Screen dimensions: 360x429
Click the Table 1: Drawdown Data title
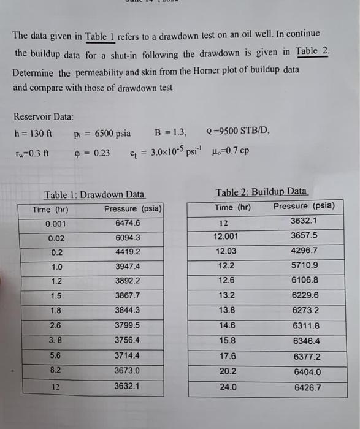94,195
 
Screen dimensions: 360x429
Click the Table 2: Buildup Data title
261,192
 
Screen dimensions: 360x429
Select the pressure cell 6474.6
128,222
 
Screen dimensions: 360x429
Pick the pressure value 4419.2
128,252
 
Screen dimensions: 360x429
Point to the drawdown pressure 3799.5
128,325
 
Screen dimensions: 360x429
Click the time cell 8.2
57,370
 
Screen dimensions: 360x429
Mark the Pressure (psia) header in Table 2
304,206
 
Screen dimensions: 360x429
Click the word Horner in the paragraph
180,70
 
